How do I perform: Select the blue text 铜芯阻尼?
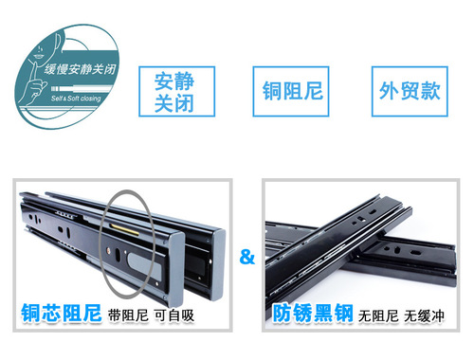62,312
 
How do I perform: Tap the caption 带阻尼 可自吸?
152,315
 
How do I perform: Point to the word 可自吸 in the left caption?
174,315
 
